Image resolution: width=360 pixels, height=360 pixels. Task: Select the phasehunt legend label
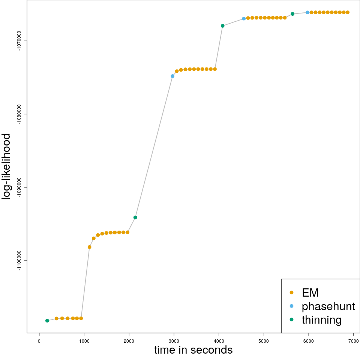[x=328, y=306]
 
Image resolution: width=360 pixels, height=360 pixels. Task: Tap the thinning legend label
[x=321, y=320]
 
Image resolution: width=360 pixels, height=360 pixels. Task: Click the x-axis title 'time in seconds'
[x=193, y=350]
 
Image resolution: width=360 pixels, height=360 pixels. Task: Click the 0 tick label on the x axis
[x=39, y=341]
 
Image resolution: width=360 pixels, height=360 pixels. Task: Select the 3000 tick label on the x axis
[x=174, y=341]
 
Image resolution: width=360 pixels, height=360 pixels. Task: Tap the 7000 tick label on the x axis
[x=354, y=341]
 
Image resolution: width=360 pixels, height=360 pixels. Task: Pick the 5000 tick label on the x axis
[x=264, y=341]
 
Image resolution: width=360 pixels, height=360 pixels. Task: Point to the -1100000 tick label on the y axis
[x=20, y=261]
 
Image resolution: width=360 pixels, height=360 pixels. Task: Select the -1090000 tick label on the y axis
[x=20, y=187]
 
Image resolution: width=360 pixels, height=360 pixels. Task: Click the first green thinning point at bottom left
[x=47, y=321]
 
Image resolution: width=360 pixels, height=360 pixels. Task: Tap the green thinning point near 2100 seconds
[x=135, y=217]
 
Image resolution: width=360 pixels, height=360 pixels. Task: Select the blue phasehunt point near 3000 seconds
[x=172, y=76]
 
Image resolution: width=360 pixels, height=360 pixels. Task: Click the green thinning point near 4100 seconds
[x=223, y=26]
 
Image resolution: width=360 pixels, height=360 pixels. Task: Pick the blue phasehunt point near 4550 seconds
[x=244, y=18]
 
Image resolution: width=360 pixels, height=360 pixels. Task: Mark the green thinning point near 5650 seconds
[x=292, y=14]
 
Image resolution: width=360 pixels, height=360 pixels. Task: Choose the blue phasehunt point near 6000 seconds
[x=307, y=12]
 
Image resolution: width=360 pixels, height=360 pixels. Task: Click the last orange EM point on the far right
[x=348, y=12]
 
